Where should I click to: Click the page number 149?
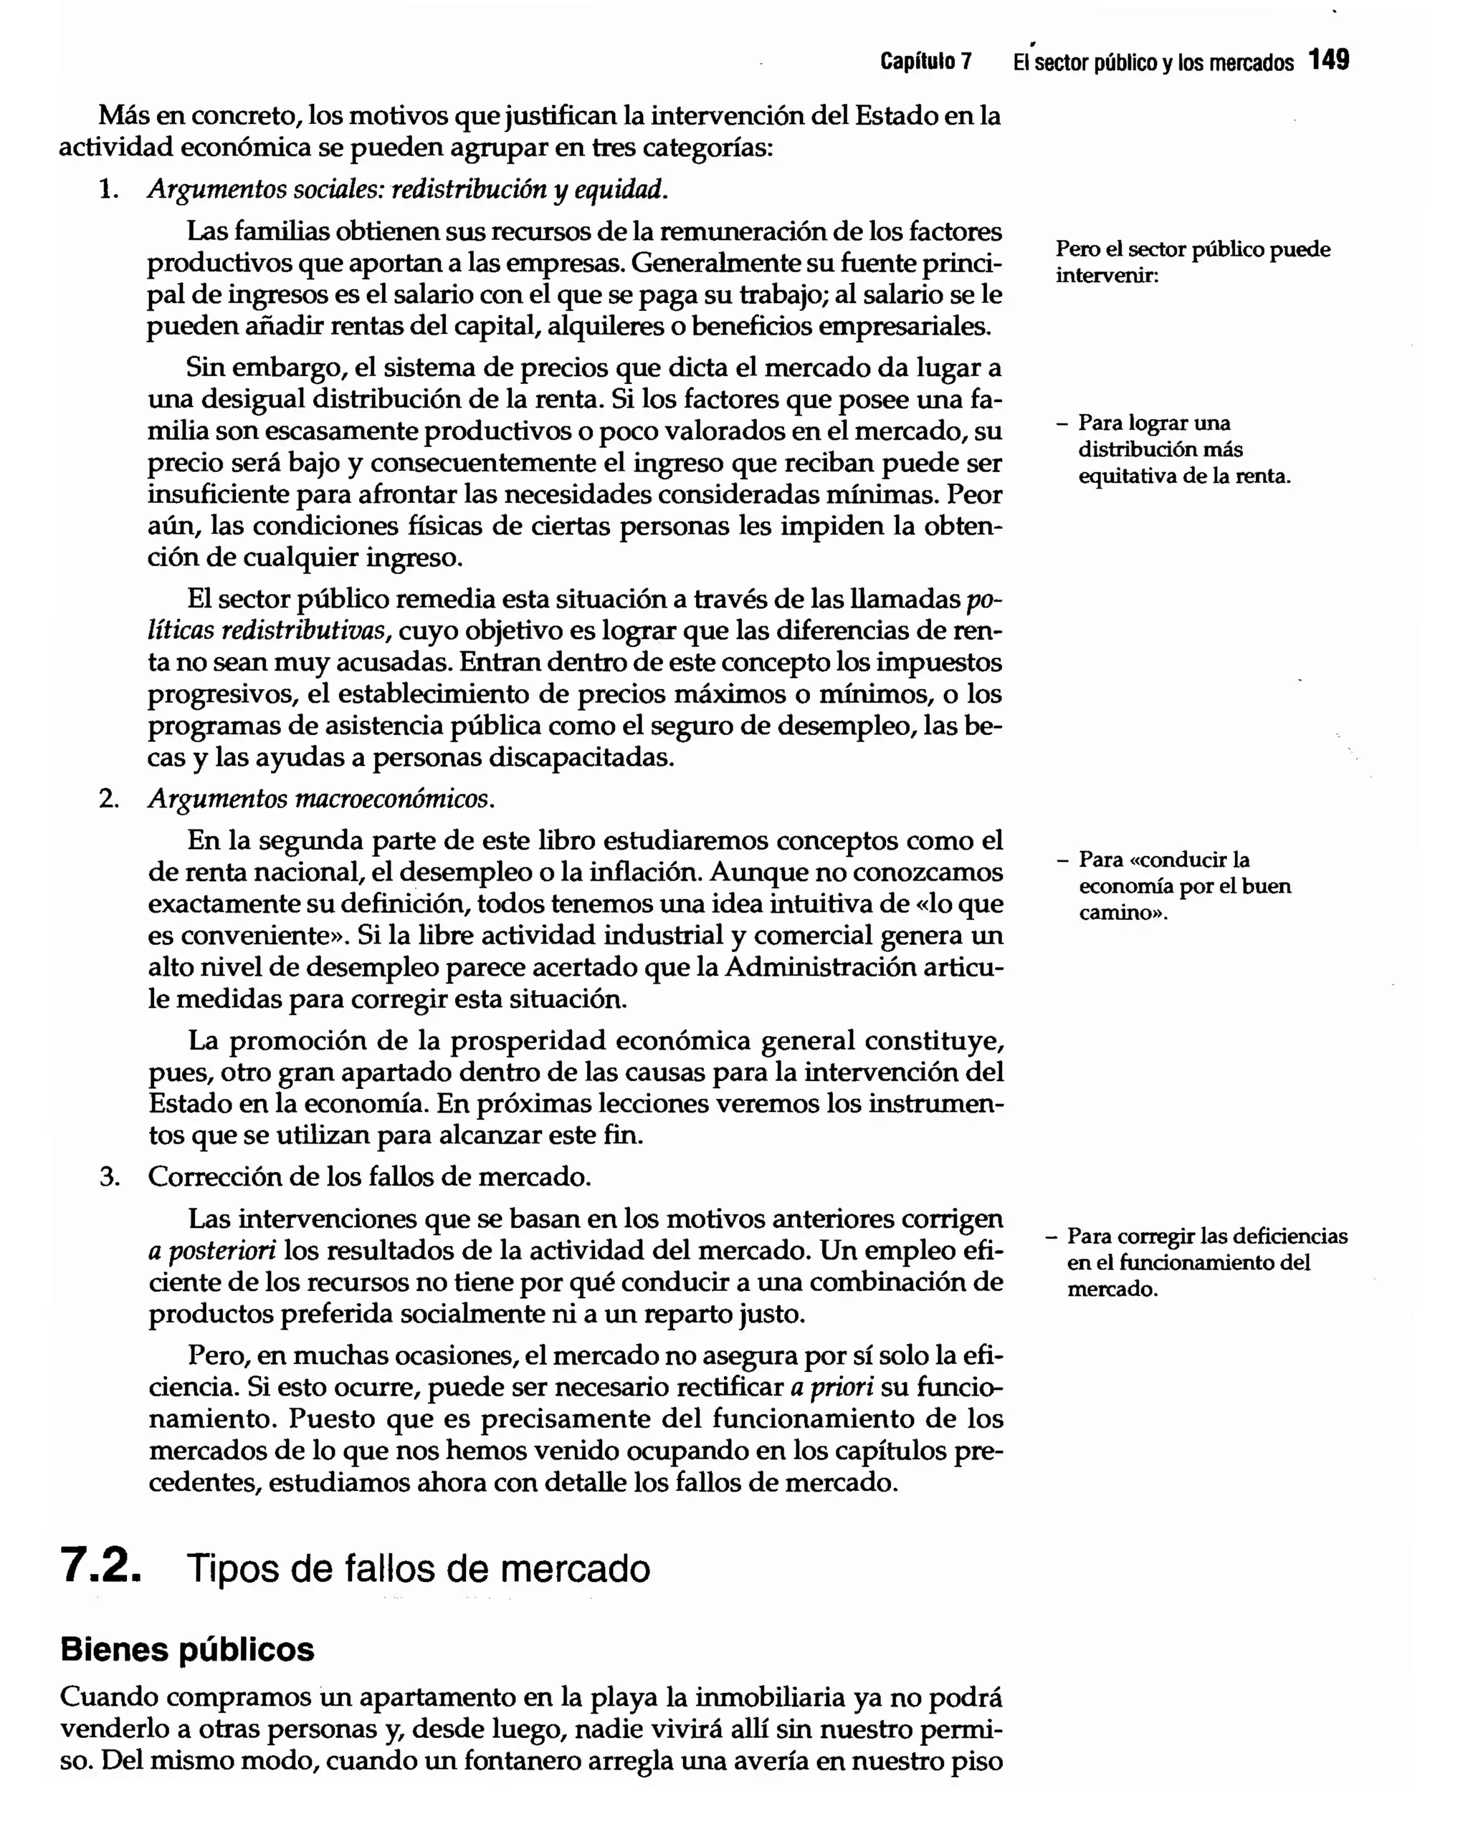1328,60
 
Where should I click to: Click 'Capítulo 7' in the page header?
925,62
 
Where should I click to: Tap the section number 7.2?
100,1566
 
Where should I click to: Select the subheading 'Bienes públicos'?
188,1649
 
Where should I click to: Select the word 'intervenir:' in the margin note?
1107,276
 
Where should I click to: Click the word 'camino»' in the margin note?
1122,913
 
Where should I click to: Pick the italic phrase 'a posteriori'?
212,1250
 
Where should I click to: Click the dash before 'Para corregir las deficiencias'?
1052,1236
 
